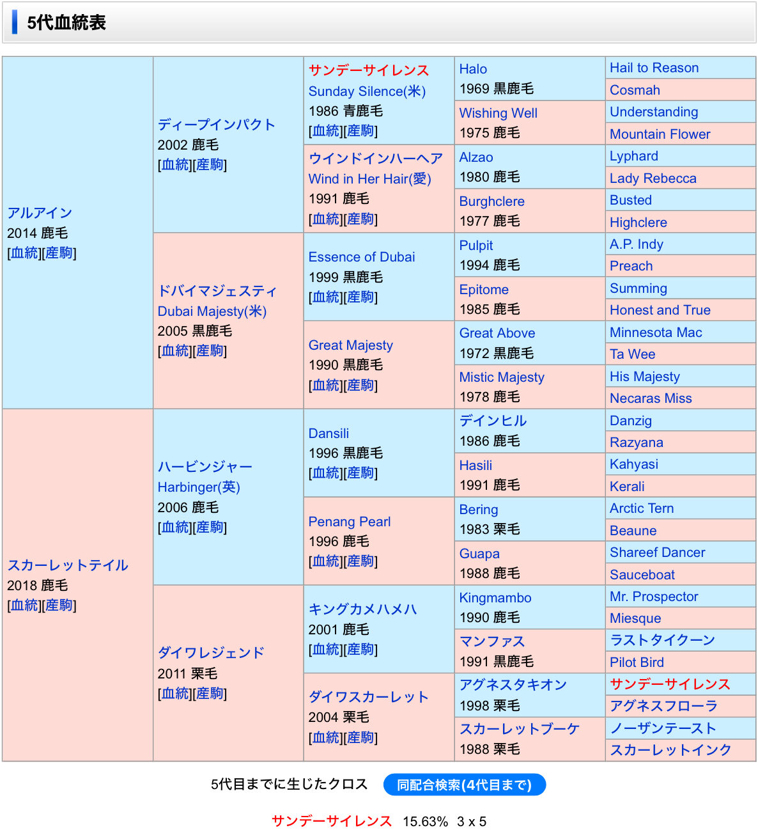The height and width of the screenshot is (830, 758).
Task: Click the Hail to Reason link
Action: tap(654, 68)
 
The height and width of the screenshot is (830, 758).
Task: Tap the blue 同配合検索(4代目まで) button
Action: tap(464, 785)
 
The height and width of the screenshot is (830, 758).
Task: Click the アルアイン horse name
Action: tap(40, 213)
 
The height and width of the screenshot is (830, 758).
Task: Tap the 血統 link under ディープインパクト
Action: tap(176, 165)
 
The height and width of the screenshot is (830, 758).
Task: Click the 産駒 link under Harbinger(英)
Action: tap(210, 528)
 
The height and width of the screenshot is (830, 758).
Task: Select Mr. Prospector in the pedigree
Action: tap(653, 597)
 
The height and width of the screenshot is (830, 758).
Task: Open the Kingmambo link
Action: tap(495, 598)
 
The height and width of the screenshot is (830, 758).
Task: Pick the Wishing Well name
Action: tap(498, 113)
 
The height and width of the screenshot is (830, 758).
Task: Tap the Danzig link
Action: tap(630, 421)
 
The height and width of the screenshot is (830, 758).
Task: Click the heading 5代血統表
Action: tap(66, 23)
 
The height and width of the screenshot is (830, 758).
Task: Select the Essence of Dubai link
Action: tap(361, 257)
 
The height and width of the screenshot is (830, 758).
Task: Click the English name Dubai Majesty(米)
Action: tap(212, 311)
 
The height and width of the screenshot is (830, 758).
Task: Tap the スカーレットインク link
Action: tap(670, 750)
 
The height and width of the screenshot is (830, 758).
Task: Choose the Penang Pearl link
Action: tap(349, 522)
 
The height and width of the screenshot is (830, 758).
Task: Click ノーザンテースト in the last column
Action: tap(662, 728)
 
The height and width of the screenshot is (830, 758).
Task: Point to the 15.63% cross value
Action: tap(425, 822)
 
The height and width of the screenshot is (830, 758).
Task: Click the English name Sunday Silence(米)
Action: tap(366, 91)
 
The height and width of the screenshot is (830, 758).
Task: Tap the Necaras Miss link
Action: tap(650, 398)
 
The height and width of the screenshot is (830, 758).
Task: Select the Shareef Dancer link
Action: tap(657, 552)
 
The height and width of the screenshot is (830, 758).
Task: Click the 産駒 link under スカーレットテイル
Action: tap(59, 606)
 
